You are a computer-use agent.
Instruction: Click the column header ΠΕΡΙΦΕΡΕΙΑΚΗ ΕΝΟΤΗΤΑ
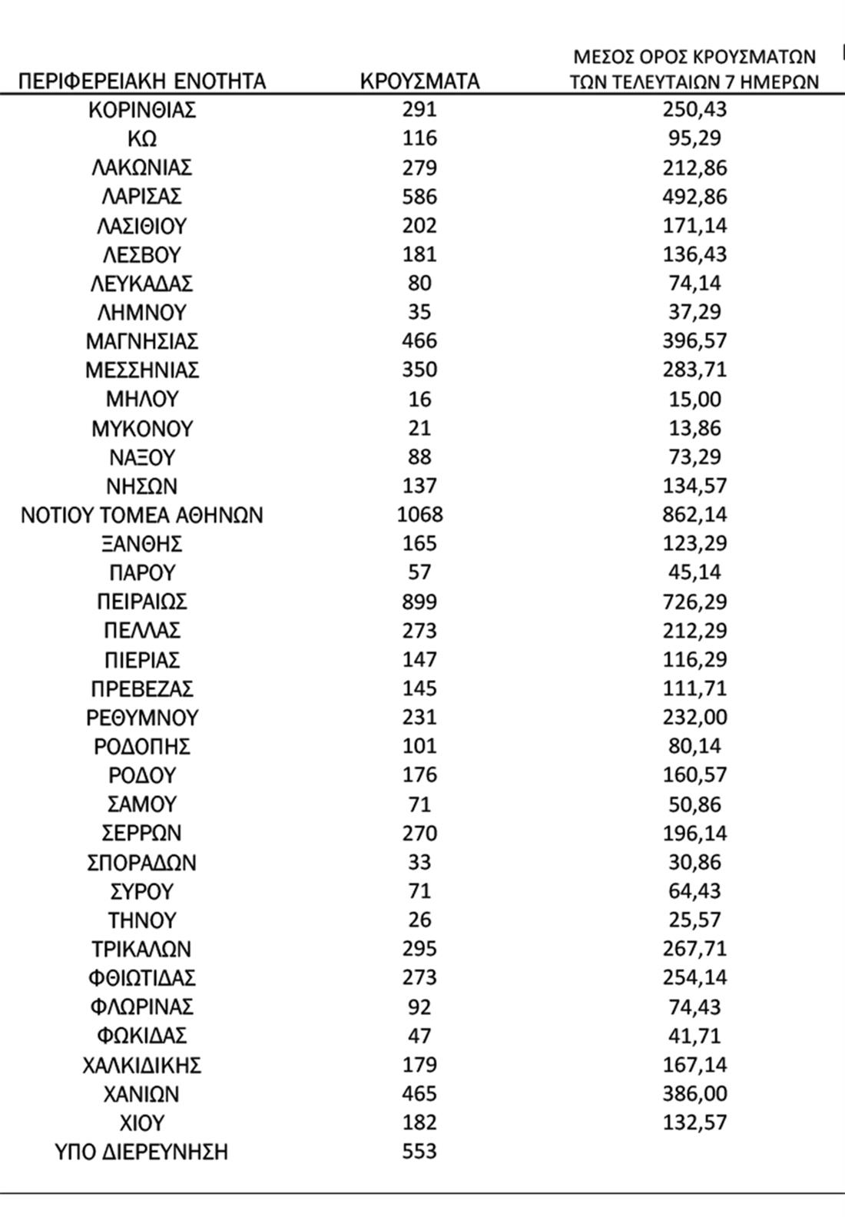coord(142,81)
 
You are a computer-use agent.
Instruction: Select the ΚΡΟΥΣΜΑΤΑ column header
coord(419,81)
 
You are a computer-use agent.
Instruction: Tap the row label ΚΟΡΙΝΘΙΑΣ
coord(142,110)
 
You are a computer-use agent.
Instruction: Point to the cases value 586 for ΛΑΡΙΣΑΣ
coord(419,197)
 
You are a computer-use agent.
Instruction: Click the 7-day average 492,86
coord(694,197)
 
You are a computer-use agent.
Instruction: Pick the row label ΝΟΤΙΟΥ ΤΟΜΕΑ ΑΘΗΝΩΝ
coord(142,515)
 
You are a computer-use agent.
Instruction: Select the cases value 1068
coord(419,515)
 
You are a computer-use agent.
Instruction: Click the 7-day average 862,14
coord(694,515)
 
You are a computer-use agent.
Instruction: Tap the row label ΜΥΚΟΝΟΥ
coord(142,428)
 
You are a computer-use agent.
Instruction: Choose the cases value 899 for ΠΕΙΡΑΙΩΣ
coord(419,602)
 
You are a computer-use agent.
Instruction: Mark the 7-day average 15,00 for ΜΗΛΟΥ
coord(694,400)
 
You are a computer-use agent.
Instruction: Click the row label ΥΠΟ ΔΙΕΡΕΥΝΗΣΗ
coord(142,1152)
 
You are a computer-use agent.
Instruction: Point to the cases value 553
coord(419,1152)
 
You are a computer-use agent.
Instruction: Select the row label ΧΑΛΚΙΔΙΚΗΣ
coord(142,1065)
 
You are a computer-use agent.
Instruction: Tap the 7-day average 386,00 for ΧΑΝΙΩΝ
coord(694,1094)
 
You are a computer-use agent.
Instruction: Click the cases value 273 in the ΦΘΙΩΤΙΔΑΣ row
coord(419,978)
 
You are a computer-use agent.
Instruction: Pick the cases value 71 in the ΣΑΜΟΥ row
coord(419,804)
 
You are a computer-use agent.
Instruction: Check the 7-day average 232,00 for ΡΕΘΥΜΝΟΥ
coord(694,718)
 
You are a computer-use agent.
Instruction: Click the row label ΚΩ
coord(142,139)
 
